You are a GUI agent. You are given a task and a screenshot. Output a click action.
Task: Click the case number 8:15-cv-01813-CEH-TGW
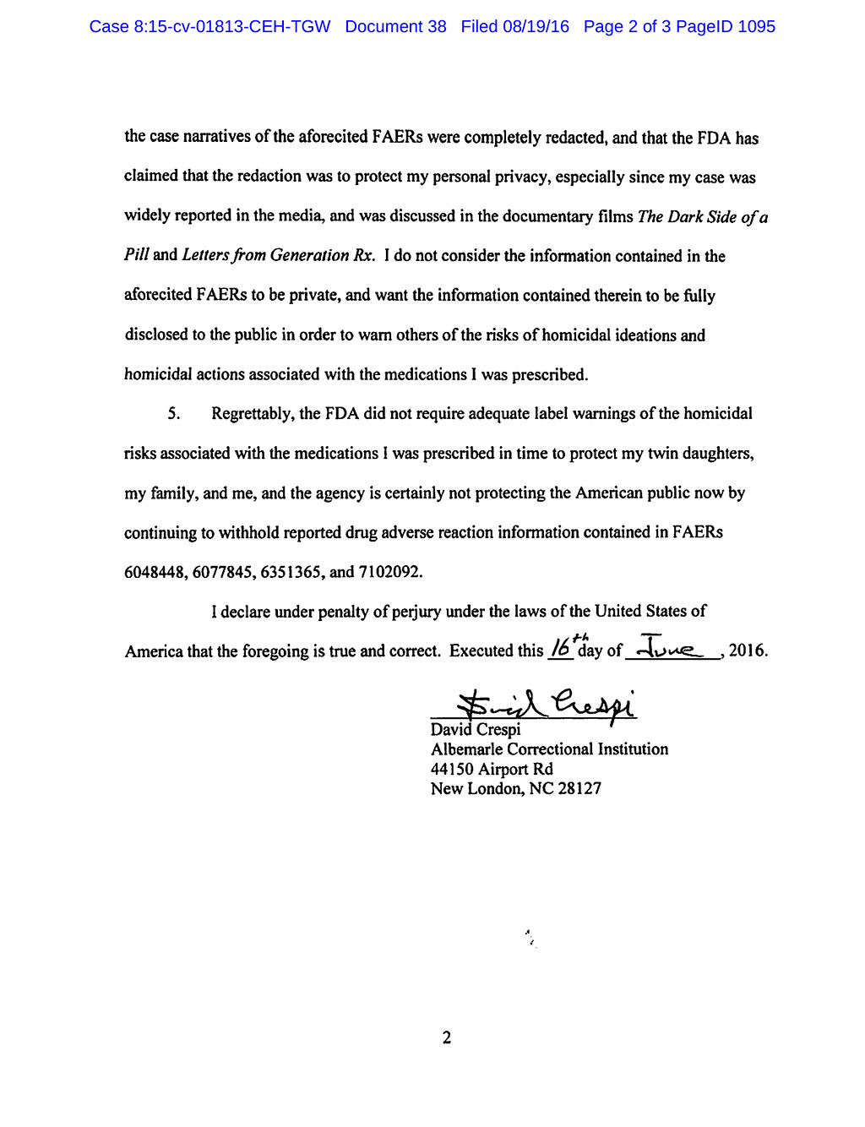click(209, 27)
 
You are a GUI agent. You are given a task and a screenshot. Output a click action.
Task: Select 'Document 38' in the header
click(395, 27)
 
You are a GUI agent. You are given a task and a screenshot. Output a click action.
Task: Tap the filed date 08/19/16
click(536, 27)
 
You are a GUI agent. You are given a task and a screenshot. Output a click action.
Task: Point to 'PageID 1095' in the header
click(726, 27)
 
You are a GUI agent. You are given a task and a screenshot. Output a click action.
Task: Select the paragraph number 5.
click(172, 413)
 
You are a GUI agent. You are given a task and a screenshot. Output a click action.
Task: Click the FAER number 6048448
click(155, 572)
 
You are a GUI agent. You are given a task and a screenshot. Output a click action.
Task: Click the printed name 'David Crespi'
click(476, 729)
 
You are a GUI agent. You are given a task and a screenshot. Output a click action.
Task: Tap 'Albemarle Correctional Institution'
click(549, 749)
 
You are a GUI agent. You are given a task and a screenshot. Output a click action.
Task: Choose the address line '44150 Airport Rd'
click(492, 769)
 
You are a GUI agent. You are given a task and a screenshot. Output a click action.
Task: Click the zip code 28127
click(579, 788)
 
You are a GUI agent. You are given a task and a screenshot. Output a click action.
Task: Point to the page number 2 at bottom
click(447, 1037)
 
